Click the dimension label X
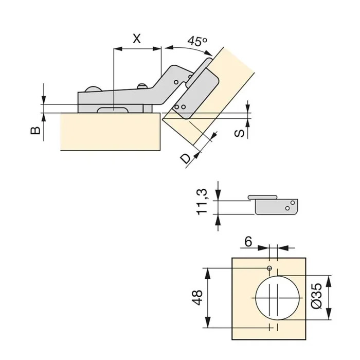coord(136,38)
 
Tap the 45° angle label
coord(197,41)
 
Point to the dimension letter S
coord(239,133)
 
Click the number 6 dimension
coord(247,241)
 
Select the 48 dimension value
coord(197,297)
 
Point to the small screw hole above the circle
coord(269,269)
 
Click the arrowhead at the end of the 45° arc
coord(209,52)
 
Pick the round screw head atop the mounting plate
coord(93,89)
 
